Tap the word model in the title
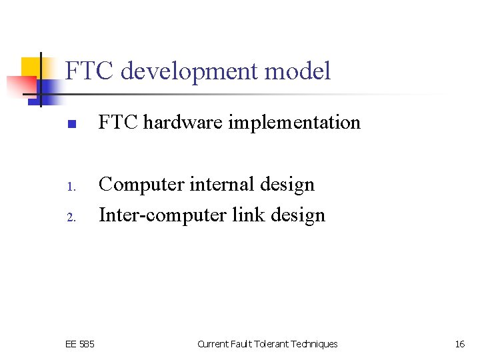click(x=303, y=71)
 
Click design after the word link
click(x=296, y=215)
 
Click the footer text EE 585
click(x=80, y=344)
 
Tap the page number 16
click(x=459, y=344)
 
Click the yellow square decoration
click(x=33, y=68)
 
